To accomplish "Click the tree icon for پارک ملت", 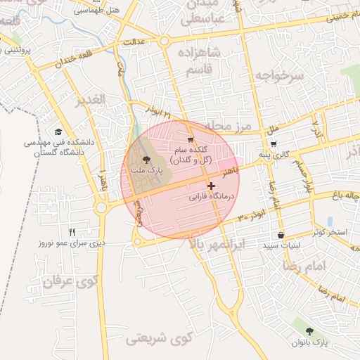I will coord(146,160).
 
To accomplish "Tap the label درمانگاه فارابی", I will coord(211,198).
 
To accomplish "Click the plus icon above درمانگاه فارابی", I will coord(211,186).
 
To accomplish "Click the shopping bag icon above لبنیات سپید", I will coord(281,236).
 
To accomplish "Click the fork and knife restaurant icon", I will coord(72,231).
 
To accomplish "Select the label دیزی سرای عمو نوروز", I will coord(72,243).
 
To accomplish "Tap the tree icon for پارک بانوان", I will coord(309,330).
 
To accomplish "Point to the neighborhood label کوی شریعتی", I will coord(159,339).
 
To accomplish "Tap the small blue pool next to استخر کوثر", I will coord(330,221).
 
